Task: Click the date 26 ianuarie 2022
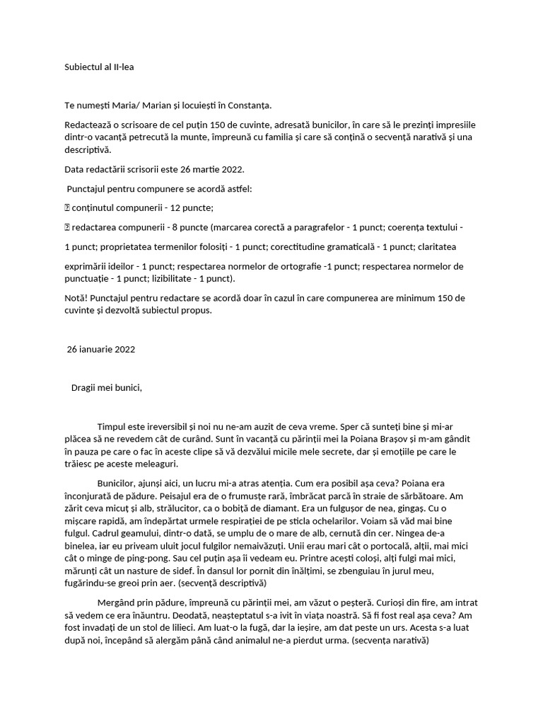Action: (101, 349)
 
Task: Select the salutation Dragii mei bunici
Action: (107, 387)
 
